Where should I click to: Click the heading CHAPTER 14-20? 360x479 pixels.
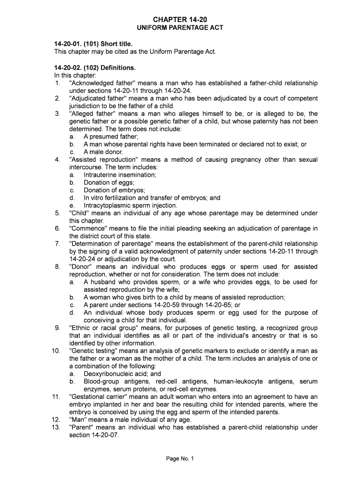[180, 19]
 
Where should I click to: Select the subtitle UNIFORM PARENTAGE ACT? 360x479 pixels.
[180, 28]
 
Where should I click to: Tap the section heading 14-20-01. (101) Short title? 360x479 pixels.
[90, 44]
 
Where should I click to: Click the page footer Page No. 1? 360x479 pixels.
[180, 458]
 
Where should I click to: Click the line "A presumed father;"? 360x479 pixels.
[111, 137]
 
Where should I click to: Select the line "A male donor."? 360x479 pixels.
[103, 152]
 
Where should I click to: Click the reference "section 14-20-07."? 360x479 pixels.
[94, 435]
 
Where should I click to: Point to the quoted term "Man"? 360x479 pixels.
[78, 420]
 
